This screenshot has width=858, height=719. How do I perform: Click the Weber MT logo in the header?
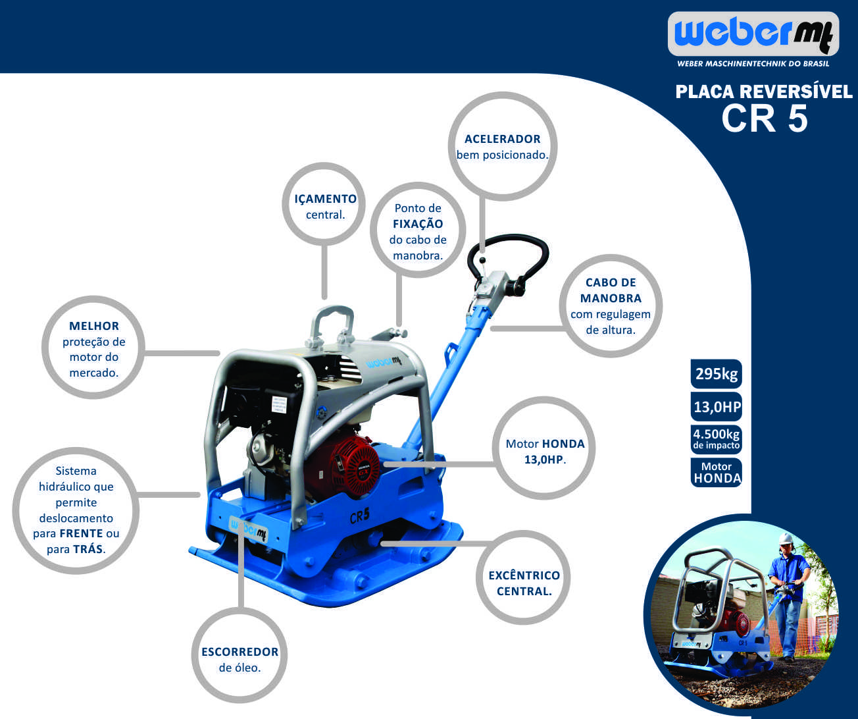(753, 34)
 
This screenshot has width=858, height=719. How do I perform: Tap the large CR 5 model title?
(765, 119)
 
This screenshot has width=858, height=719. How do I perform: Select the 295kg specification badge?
(717, 374)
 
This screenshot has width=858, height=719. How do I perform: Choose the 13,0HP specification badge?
(717, 406)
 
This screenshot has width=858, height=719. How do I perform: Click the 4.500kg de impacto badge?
(717, 439)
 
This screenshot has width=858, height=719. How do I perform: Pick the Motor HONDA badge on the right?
(717, 472)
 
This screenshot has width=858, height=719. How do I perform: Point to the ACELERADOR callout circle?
(503, 146)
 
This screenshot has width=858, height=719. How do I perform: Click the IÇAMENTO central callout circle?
(324, 204)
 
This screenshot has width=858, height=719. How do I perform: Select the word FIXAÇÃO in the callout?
(418, 224)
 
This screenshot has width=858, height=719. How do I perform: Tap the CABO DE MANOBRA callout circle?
(611, 306)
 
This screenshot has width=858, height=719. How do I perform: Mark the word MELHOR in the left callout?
(94, 326)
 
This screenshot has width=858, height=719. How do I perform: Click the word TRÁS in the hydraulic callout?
(88, 549)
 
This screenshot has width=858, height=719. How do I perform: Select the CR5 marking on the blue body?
(359, 516)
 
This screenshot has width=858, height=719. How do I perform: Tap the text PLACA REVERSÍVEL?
(764, 92)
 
